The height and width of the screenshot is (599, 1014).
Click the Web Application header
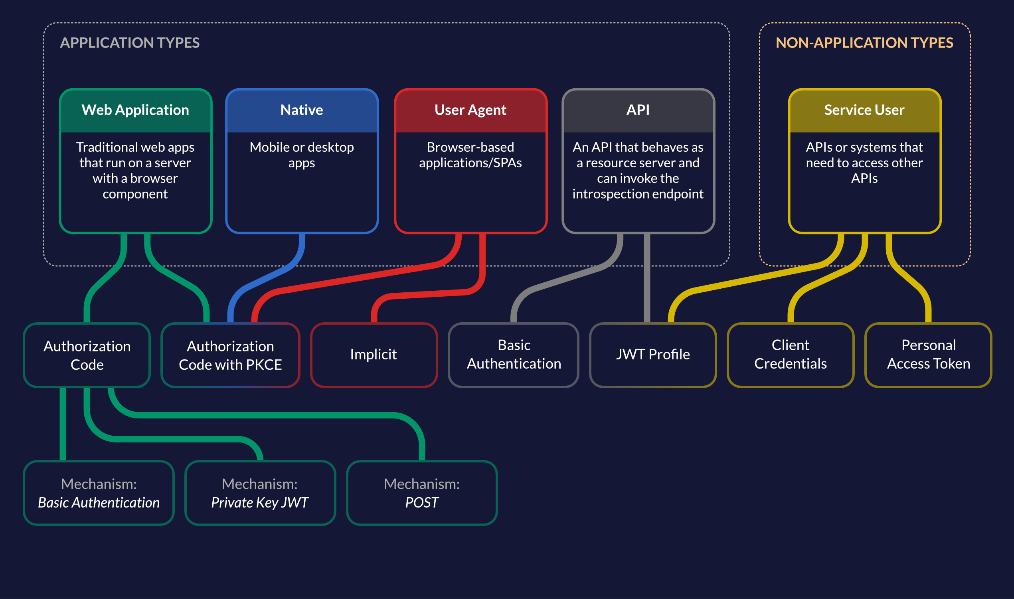click(135, 110)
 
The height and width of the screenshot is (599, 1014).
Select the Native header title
click(301, 110)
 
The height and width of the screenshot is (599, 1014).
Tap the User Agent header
click(470, 110)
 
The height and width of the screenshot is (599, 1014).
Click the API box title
click(638, 110)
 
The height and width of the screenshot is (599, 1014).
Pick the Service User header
click(864, 110)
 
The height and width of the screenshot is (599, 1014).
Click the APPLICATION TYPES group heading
click(129, 43)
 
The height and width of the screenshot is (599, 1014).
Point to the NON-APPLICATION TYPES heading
click(864, 43)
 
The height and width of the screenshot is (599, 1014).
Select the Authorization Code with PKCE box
click(230, 355)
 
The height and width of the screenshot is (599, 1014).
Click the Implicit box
click(374, 354)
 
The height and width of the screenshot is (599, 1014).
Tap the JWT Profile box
click(652, 354)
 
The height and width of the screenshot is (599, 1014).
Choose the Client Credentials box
click(790, 354)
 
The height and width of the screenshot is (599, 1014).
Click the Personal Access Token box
click(928, 354)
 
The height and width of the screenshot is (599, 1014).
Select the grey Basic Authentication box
click(514, 354)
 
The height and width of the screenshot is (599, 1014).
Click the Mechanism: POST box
click(421, 493)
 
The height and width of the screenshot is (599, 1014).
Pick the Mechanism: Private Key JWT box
click(260, 493)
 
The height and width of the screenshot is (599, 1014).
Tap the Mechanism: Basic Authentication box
click(99, 493)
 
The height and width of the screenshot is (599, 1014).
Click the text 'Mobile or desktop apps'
click(301, 155)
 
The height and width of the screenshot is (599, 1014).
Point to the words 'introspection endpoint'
click(638, 194)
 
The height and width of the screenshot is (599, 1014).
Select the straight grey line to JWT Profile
click(646, 278)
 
